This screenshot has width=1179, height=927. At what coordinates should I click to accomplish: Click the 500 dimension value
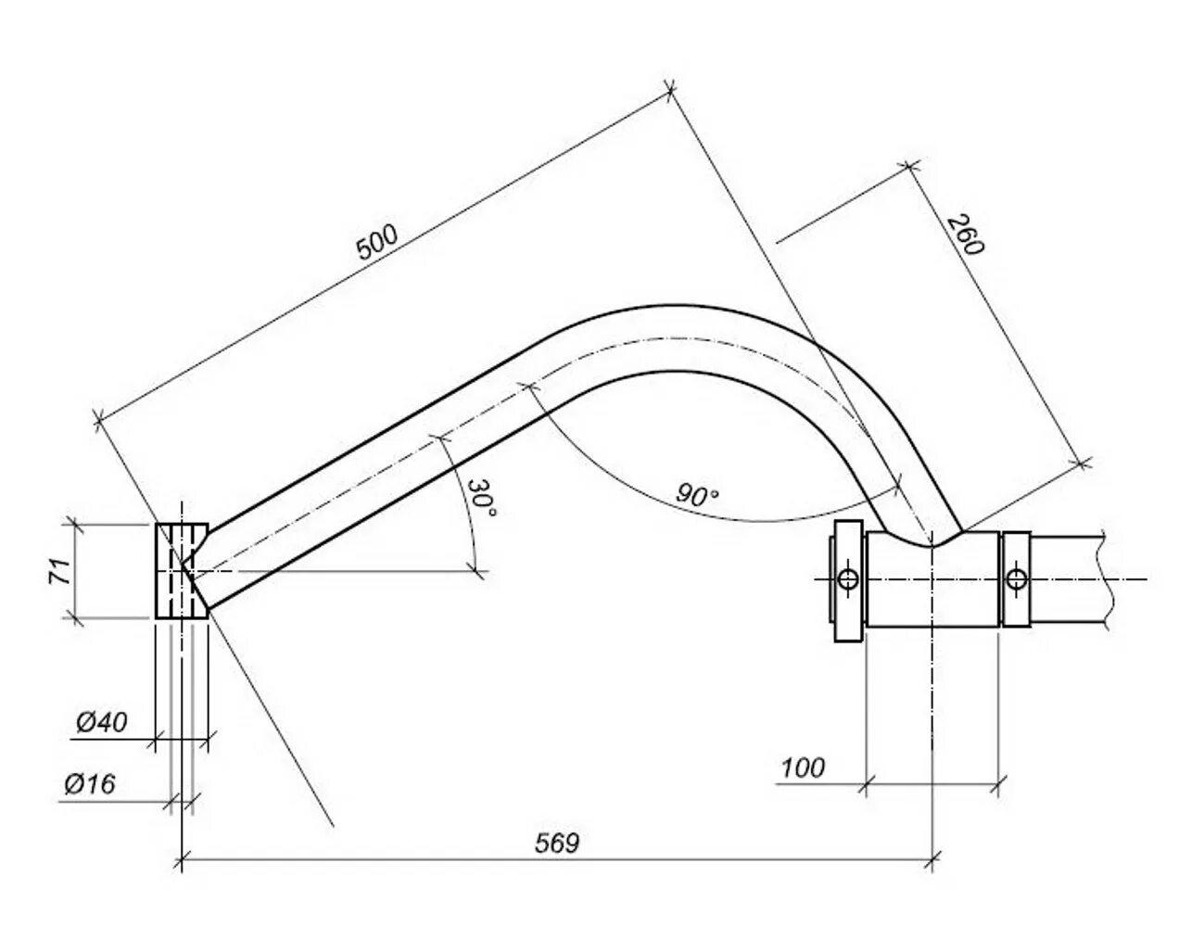(377, 242)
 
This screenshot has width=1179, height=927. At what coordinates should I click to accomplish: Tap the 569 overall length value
(557, 844)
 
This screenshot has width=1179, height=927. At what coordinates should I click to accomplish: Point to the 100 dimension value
(803, 768)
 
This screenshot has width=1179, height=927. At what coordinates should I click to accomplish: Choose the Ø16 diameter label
(91, 784)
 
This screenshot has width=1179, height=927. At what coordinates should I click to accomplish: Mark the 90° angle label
(697, 495)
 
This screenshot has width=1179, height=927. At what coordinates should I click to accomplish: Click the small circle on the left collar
(849, 578)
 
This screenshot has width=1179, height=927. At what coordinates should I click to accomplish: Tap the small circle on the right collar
(1016, 578)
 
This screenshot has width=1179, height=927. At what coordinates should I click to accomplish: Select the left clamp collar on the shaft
(848, 580)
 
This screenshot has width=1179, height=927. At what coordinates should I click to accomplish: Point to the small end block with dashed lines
(182, 571)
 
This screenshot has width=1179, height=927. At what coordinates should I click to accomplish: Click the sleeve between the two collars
(932, 579)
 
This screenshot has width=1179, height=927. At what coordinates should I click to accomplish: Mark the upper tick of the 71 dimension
(73, 525)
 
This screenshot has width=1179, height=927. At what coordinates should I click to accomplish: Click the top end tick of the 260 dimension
(910, 165)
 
